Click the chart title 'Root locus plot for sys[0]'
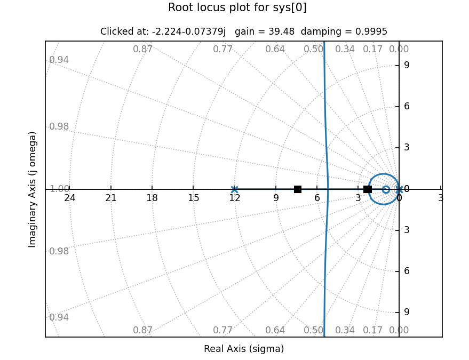click(237, 8)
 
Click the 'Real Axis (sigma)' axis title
click(244, 349)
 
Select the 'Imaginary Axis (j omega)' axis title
click(33, 189)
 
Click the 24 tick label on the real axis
click(70, 198)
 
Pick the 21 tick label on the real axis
click(111, 198)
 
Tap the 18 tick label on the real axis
click(152, 198)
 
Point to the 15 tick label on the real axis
click(194, 198)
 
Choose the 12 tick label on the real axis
click(235, 198)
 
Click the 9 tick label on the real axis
click(276, 198)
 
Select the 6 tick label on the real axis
click(317, 198)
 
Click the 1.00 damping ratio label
click(59, 189)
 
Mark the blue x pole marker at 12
click(234, 189)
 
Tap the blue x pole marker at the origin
click(399, 189)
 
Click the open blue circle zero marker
click(386, 189)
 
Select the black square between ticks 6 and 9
click(298, 189)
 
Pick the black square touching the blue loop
click(368, 189)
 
